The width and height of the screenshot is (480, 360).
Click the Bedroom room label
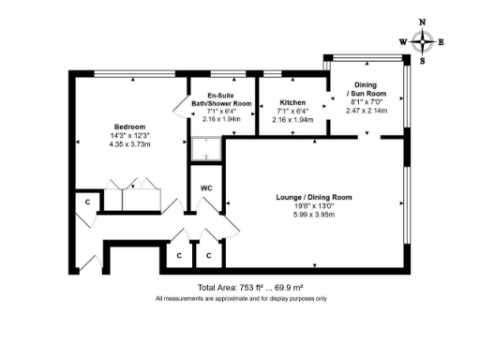point(129,127)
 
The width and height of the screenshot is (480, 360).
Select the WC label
point(208,187)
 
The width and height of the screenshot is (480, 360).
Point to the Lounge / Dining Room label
point(313,197)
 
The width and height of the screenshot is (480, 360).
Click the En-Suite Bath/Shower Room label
point(222,98)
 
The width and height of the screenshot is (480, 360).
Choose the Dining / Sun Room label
point(367,89)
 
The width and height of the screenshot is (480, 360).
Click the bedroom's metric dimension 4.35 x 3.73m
point(129,144)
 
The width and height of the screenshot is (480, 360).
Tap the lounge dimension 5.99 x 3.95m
point(313,214)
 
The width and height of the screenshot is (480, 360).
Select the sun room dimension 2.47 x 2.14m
point(367,111)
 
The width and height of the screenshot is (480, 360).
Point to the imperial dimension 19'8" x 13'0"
point(313,205)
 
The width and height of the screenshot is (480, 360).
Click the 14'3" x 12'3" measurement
point(129,136)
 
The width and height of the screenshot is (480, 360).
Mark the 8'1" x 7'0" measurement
point(367,102)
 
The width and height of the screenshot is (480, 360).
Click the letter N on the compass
point(423,22)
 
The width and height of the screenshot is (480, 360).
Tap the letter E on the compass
point(442,41)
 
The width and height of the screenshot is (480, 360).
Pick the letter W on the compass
point(403,41)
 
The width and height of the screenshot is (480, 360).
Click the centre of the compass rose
point(423,41)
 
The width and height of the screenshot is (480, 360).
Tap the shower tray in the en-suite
point(202,148)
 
